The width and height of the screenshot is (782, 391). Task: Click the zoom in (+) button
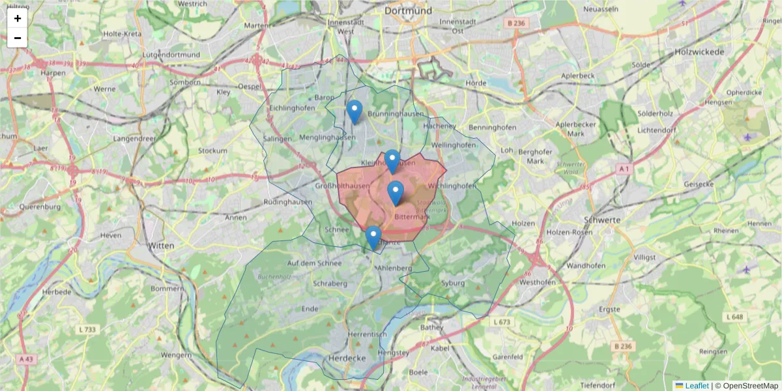click(17, 18)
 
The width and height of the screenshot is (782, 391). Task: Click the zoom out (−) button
click(17, 38)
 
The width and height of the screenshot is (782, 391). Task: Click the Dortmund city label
click(409, 10)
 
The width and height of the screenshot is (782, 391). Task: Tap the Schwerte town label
click(603, 220)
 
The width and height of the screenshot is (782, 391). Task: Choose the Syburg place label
click(453, 283)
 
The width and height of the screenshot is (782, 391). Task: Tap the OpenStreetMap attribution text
click(747, 386)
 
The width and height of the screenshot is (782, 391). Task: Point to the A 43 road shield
click(26, 359)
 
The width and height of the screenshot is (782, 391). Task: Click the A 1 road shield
click(624, 169)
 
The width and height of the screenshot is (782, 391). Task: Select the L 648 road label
click(734, 317)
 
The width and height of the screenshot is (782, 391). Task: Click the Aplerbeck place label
click(578, 76)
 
